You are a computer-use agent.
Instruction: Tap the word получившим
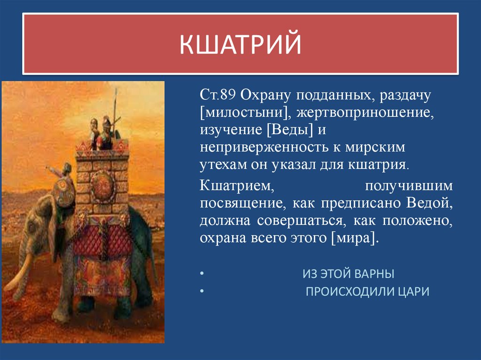(409, 186)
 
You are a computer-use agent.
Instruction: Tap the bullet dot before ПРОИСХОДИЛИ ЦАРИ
(202, 292)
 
